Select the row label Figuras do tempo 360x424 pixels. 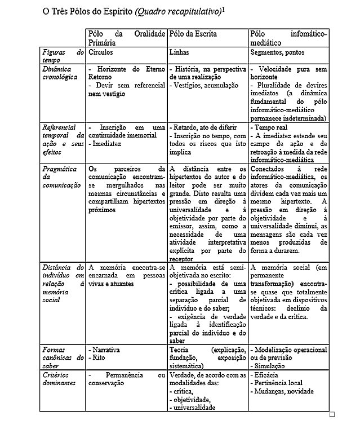click(x=63, y=56)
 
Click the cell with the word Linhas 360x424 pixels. click(x=179, y=52)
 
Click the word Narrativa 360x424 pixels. click(x=106, y=350)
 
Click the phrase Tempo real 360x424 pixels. click(x=270, y=127)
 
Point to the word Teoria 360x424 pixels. click(x=179, y=350)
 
